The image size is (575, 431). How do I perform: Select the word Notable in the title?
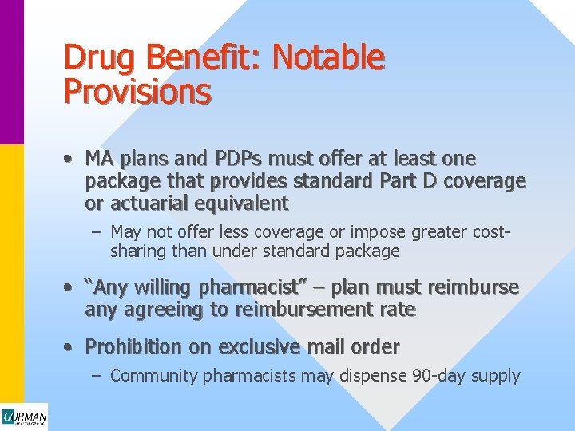click(328, 58)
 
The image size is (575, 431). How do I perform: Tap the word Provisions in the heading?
click(137, 93)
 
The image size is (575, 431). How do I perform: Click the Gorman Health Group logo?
click(24, 417)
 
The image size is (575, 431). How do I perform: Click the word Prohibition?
click(133, 347)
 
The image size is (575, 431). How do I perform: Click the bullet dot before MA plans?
click(70, 159)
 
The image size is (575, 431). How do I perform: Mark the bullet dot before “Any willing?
click(70, 287)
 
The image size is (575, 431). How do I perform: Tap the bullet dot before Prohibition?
click(70, 347)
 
